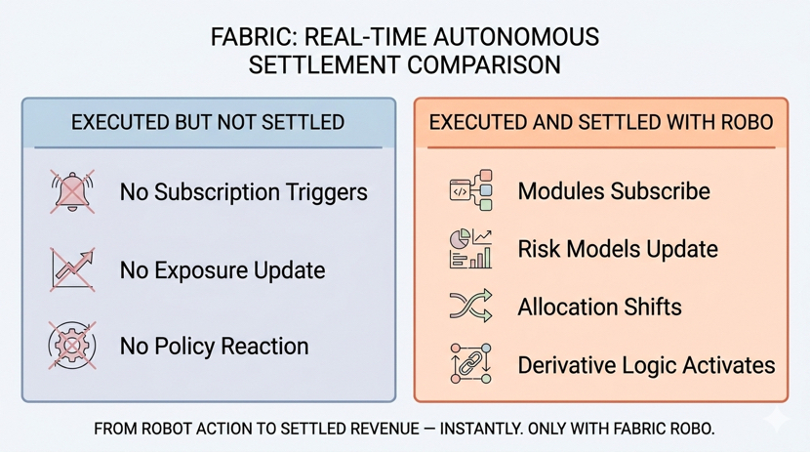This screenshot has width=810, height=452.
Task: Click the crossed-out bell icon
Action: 72,191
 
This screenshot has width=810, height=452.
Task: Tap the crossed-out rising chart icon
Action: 72,269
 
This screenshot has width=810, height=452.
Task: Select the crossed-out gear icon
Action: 72,346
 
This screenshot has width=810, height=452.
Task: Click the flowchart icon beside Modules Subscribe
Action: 470,190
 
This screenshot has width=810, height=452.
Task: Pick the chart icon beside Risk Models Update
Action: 470,249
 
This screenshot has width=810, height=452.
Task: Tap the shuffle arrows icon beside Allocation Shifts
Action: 470,307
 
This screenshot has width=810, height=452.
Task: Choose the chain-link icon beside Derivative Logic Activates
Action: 470,364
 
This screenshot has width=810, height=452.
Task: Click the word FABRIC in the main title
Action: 253,38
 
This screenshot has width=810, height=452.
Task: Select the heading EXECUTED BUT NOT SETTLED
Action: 208,123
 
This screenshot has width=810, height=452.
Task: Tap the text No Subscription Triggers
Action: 243,191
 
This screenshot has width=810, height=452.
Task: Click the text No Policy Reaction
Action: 214,347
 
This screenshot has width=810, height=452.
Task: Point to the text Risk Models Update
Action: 617,249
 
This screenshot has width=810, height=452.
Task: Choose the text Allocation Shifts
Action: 599,308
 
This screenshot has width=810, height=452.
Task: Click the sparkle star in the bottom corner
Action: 778,420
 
